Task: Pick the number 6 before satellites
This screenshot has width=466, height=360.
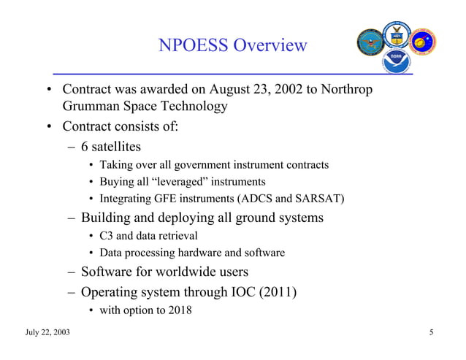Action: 85,146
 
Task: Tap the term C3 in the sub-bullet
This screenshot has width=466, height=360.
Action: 107,236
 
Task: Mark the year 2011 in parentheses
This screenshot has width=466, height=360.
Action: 278,292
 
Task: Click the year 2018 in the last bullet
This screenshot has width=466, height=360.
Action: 177,310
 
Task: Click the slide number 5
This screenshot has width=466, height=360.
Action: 432,334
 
